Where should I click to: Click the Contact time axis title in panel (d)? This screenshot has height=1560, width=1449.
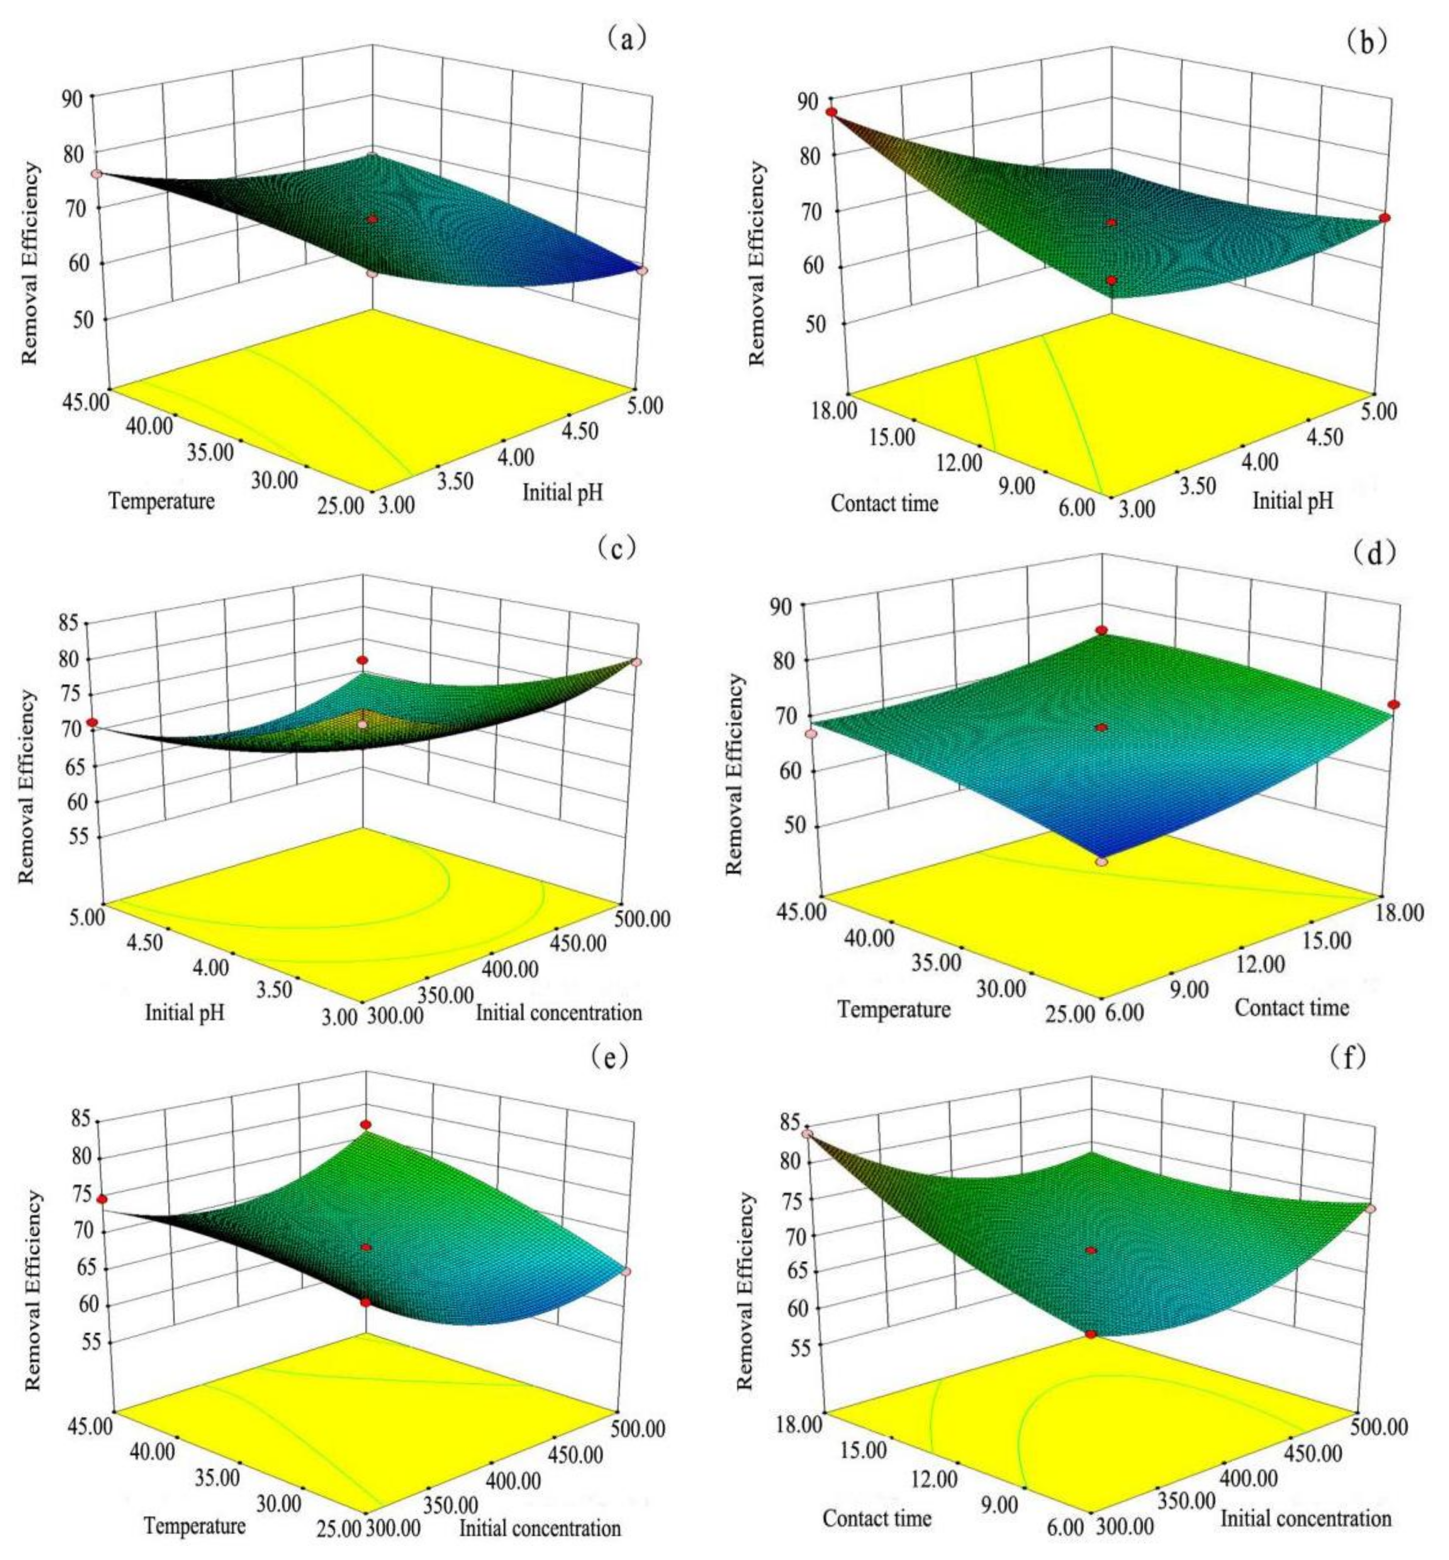coord(1291,1007)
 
